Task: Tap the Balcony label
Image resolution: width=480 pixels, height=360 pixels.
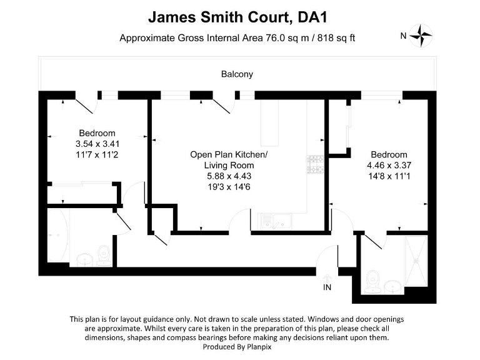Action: (x=237, y=74)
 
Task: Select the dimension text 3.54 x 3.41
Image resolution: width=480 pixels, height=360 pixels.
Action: (x=96, y=143)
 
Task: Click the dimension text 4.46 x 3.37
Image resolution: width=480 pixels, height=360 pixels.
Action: (x=389, y=166)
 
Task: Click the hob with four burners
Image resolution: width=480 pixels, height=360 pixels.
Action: (x=314, y=164)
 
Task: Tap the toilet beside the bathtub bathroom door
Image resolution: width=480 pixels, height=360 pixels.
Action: (x=103, y=254)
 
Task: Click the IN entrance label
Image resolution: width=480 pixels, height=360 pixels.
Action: (x=327, y=287)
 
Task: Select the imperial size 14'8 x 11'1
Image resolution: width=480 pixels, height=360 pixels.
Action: (x=389, y=176)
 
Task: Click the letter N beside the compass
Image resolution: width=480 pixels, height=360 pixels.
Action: (x=404, y=36)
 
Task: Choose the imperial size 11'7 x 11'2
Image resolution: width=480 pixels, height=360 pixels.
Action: (x=96, y=154)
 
